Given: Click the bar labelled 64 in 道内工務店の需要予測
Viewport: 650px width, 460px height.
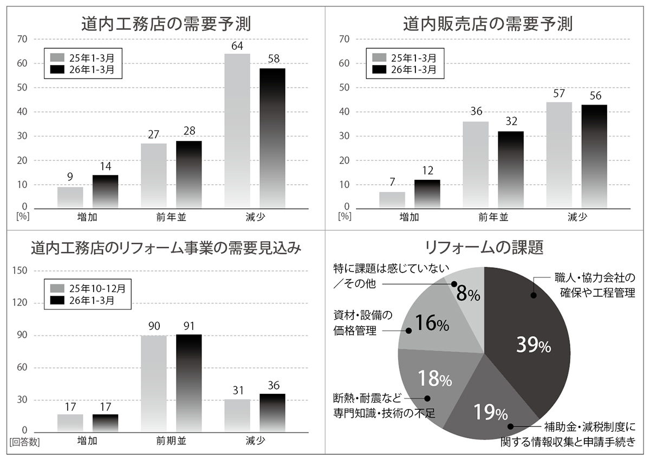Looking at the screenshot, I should pyautogui.click(x=237, y=130).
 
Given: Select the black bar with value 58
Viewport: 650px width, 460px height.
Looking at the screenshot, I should pyautogui.click(x=272, y=138).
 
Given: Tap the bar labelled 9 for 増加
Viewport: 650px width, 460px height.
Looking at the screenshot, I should pyautogui.click(x=70, y=197).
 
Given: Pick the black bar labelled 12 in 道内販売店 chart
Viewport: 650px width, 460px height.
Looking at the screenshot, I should pyautogui.click(x=427, y=194).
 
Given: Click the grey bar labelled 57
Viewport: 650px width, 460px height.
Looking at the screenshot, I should pyautogui.click(x=559, y=155).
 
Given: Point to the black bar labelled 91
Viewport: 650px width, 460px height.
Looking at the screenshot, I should pyautogui.click(x=188, y=383).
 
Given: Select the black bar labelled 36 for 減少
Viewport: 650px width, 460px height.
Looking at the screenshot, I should pyautogui.click(x=272, y=412).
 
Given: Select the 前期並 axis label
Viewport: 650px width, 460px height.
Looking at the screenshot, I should pyautogui.click(x=171, y=441).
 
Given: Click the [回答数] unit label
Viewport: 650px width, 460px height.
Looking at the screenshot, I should pyautogui.click(x=24, y=442).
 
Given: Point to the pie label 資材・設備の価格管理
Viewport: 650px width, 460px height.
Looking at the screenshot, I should pyautogui.click(x=362, y=323).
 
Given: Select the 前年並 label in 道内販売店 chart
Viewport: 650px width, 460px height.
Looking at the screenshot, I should pyautogui.click(x=493, y=218).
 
